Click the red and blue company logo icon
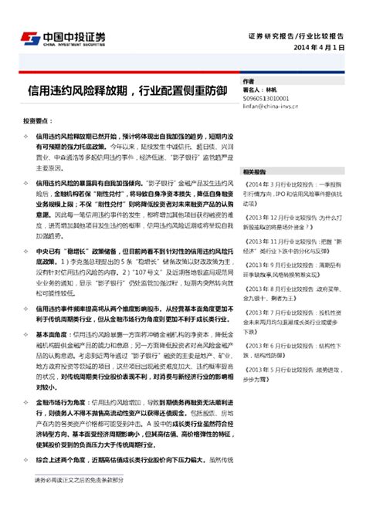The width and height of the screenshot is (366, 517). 29,38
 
